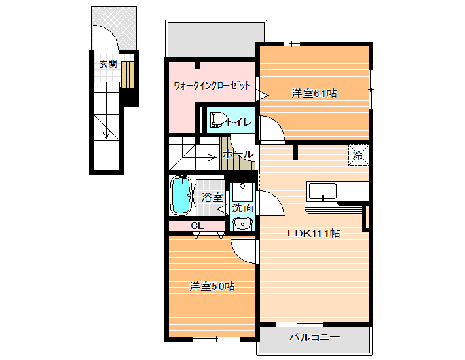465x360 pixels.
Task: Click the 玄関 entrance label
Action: pos(108,64)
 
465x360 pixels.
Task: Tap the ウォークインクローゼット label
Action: pos(212,86)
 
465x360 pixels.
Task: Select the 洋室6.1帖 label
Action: pos(314,94)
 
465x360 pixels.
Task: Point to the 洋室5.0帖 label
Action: pos(212,287)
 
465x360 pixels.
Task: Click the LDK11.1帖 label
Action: pos(314,233)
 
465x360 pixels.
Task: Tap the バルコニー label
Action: pos(314,337)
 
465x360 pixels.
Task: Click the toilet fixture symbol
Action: pos(217,120)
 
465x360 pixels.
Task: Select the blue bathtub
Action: pos(181,194)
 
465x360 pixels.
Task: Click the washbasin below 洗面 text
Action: pos(242,224)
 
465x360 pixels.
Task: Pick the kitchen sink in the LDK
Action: pos(323,191)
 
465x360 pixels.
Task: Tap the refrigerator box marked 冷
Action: pos(359,154)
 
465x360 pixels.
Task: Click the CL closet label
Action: pos(197,226)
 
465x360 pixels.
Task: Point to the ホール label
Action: pos(238,154)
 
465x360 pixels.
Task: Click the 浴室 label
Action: pos(212,197)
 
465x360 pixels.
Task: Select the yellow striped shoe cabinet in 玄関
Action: pos(128,75)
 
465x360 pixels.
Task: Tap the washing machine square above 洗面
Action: pos(242,192)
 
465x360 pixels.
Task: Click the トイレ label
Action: pos(239,122)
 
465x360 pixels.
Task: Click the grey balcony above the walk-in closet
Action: pos(216,39)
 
